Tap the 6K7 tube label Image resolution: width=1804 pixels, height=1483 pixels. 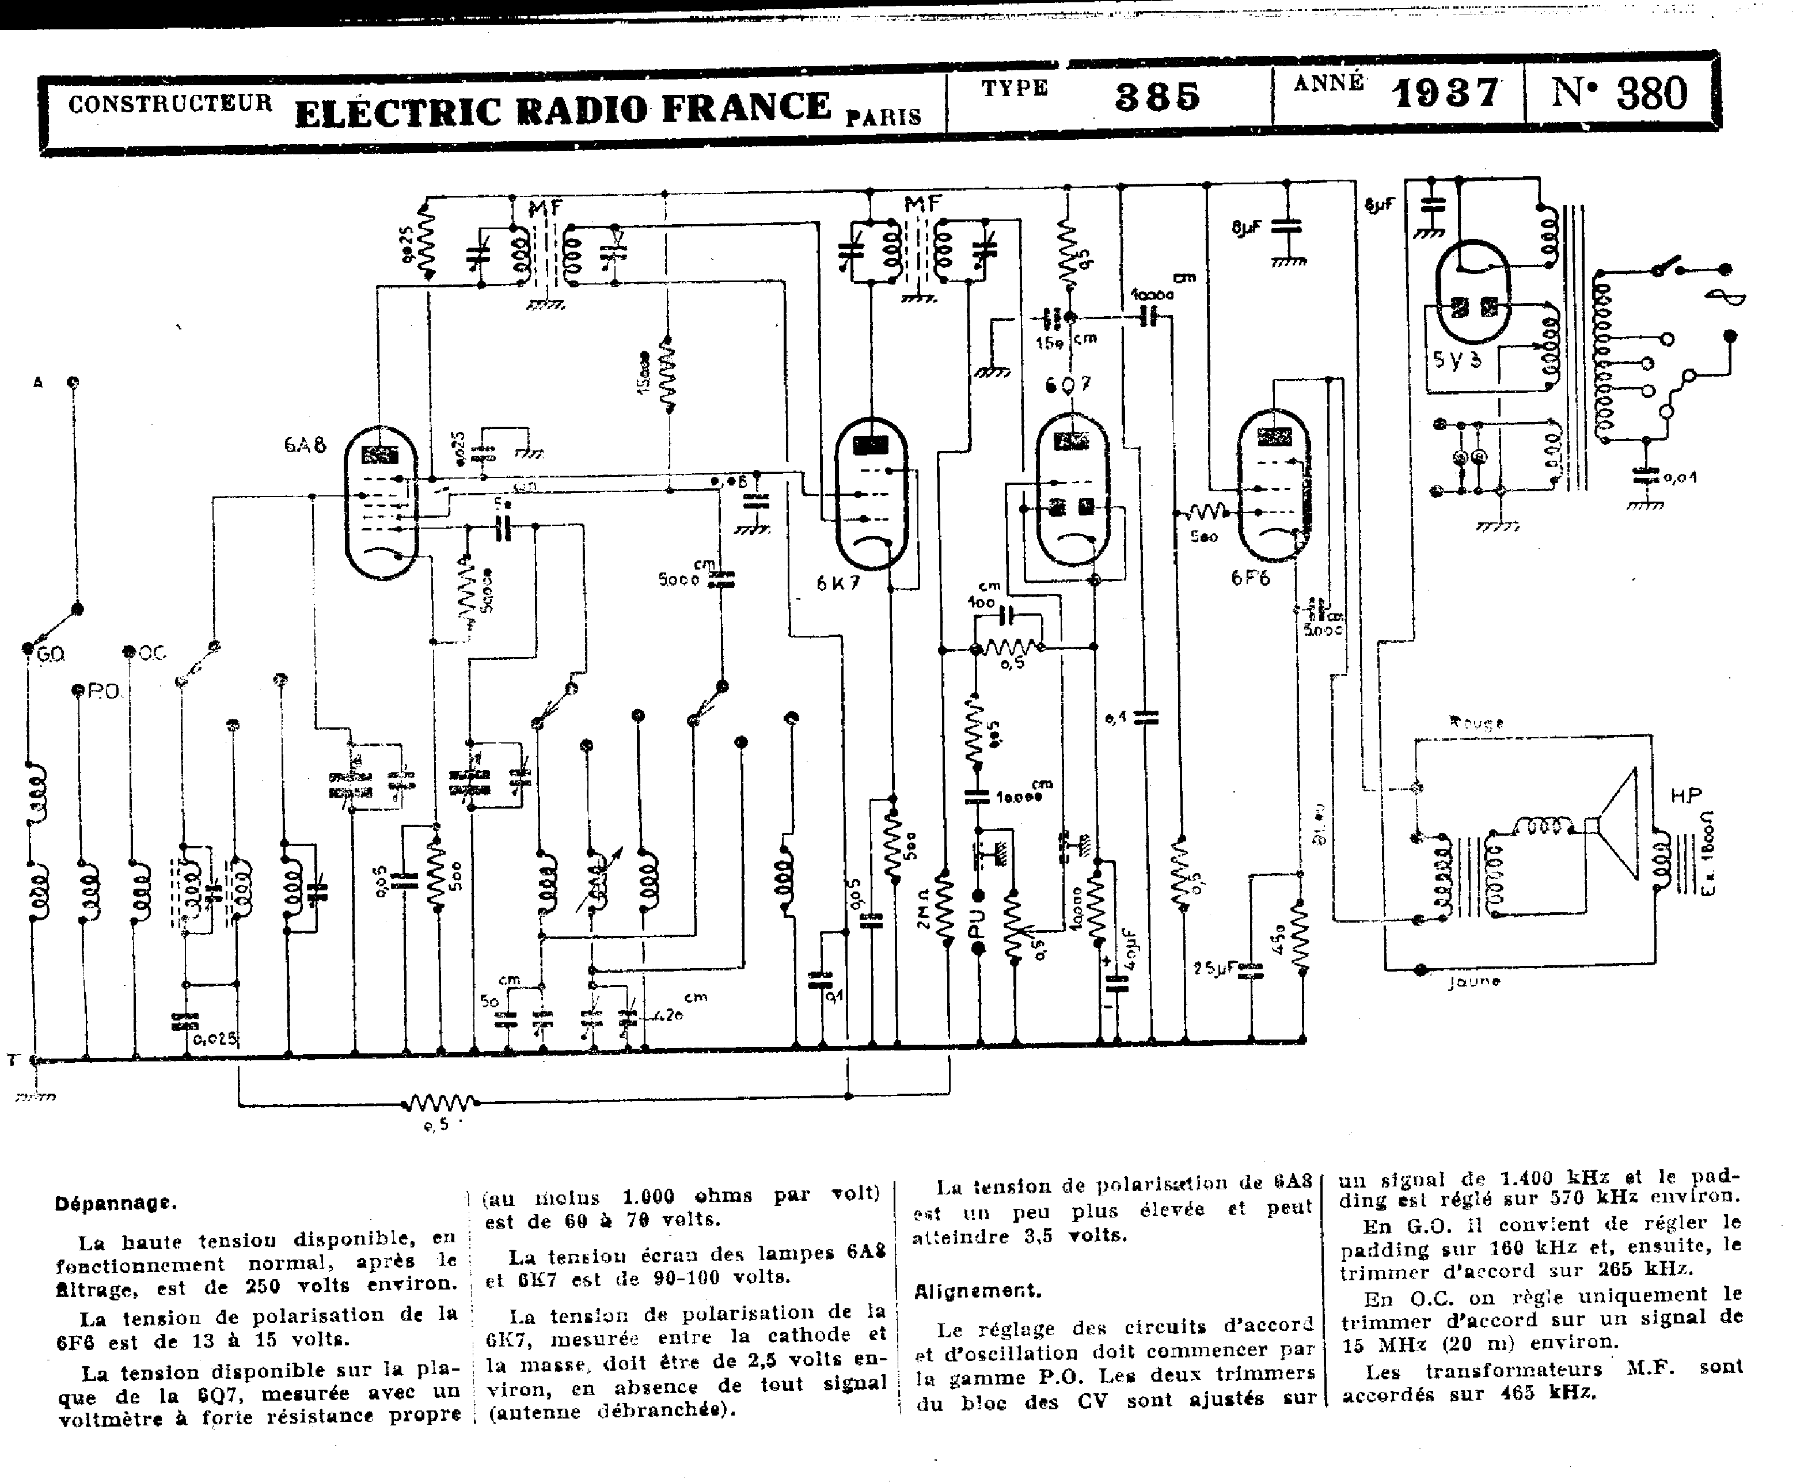pos(838,583)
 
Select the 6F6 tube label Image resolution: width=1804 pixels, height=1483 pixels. pos(1251,578)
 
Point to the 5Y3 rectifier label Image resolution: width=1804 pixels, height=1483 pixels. pos(1457,359)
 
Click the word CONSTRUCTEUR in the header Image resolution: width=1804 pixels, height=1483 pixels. pos(170,104)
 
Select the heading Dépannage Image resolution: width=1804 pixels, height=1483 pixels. pos(115,1203)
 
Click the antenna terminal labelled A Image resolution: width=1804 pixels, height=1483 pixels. pos(37,383)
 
